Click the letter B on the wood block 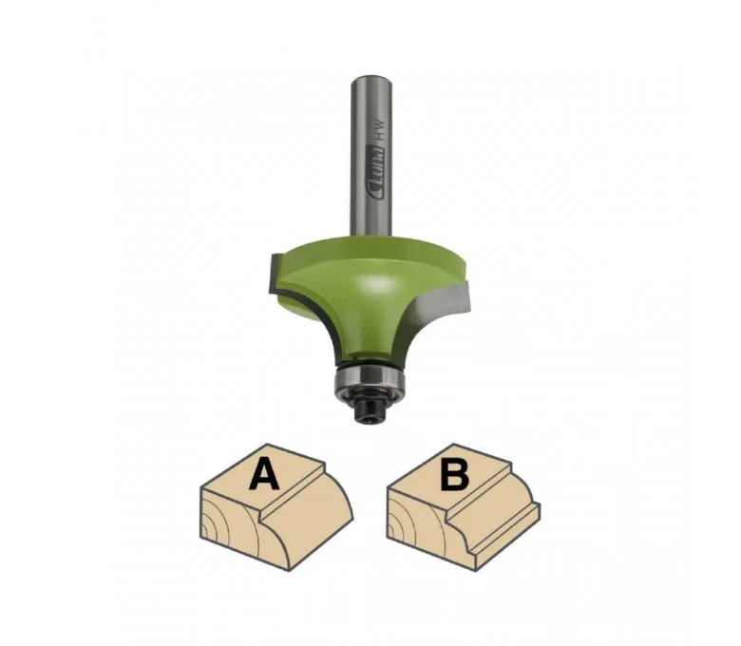click(455, 474)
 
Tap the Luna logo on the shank click(377, 173)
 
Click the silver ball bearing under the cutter click(370, 378)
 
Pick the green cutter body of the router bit click(364, 293)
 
